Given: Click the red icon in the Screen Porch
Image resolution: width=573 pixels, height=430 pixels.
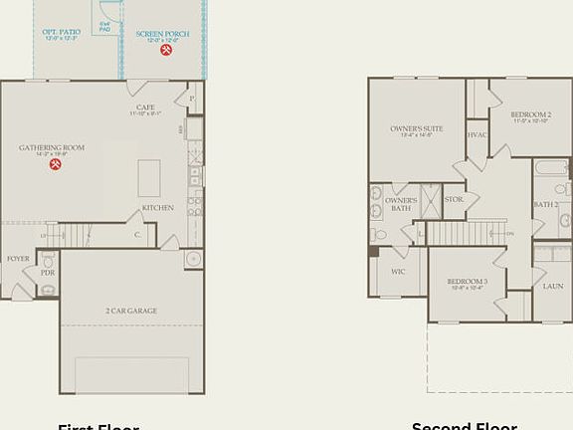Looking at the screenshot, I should [x=166, y=50].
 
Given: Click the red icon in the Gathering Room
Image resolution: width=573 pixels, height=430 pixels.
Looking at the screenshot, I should [x=56, y=164].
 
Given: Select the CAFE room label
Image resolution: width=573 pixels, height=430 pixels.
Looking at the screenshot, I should [x=145, y=108].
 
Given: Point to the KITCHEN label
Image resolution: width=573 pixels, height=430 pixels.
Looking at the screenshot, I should [x=158, y=208].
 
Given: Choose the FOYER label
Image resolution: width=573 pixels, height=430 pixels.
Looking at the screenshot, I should [x=18, y=258].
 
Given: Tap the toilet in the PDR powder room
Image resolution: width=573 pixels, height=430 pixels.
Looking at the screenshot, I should [x=48, y=288].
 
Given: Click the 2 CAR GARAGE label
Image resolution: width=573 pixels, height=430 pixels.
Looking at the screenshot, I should [x=131, y=311].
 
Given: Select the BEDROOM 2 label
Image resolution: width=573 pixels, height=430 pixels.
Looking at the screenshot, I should [x=530, y=114].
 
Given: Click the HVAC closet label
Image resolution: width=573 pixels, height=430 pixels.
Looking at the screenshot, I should [x=477, y=134].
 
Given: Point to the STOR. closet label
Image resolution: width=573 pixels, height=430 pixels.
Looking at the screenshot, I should [x=454, y=199].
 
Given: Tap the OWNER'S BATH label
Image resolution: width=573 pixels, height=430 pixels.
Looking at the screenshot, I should [x=401, y=204].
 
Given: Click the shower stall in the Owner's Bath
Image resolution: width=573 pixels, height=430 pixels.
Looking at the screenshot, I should [x=431, y=201].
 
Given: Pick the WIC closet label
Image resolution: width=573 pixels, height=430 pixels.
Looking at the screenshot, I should [x=398, y=271].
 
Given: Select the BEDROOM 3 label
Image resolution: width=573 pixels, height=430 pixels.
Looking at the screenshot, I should [x=467, y=282].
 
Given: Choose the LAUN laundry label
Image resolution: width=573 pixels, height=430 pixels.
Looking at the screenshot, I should [x=553, y=286].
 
